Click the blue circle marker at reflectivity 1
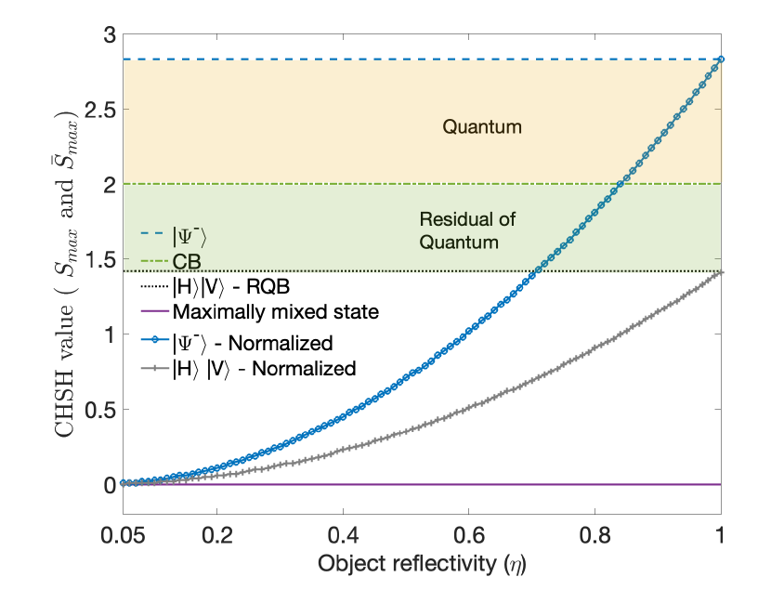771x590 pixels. pyautogui.click(x=721, y=59)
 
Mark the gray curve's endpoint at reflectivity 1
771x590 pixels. pyautogui.click(x=721, y=272)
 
